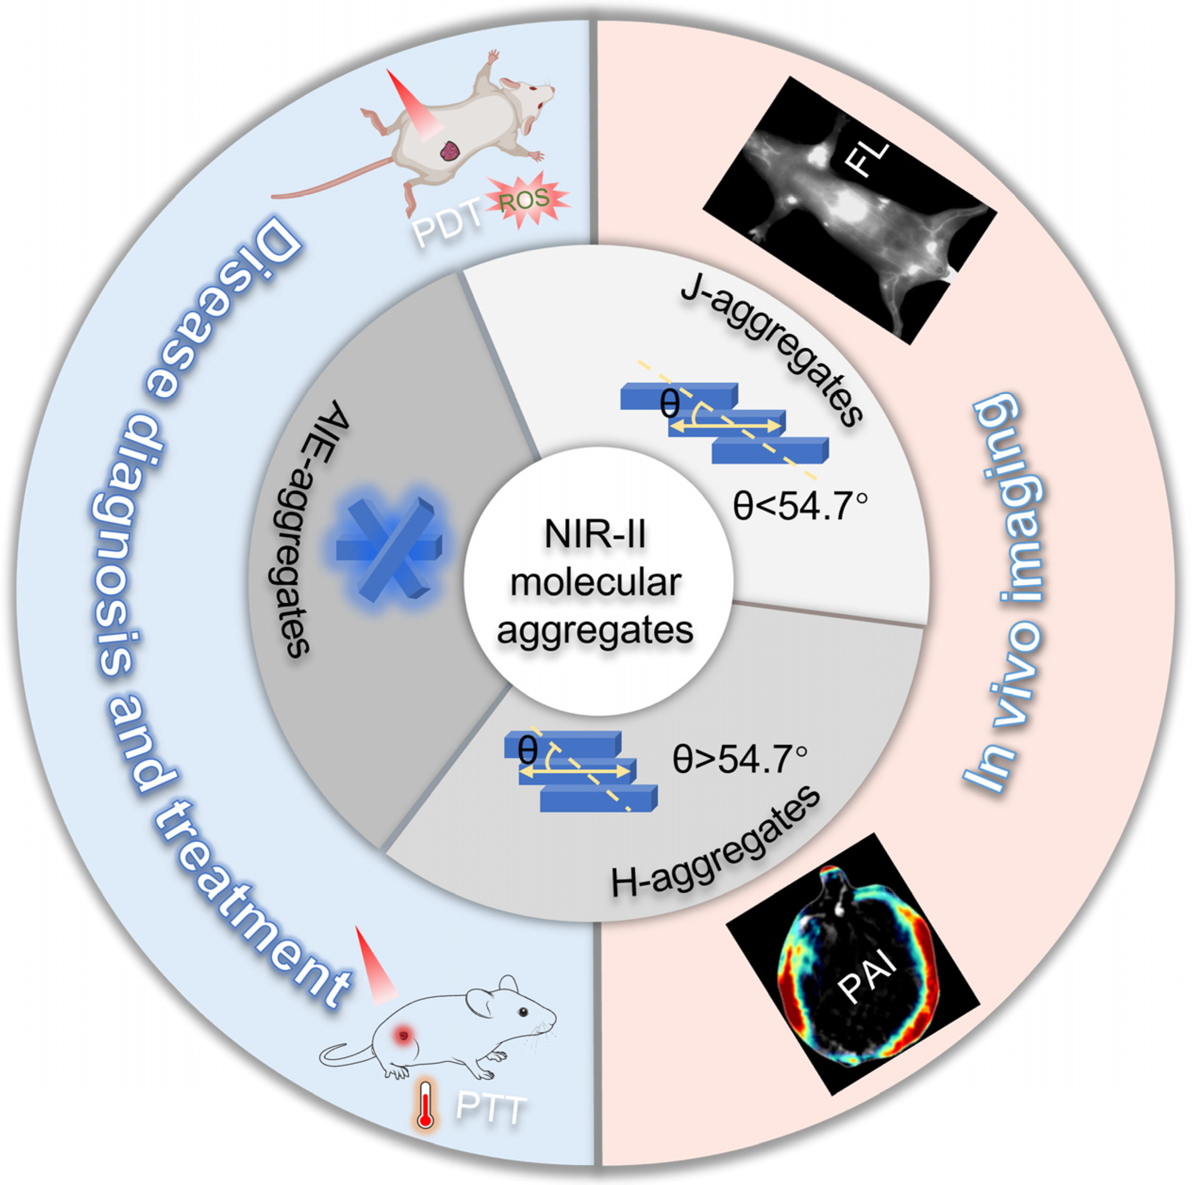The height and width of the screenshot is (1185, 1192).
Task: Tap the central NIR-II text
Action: [595, 535]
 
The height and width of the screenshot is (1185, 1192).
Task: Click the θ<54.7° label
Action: [800, 506]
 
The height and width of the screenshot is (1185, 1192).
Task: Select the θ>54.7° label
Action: [740, 759]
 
